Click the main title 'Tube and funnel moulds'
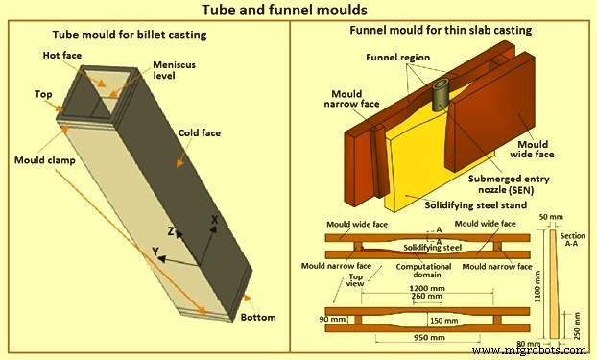[298, 12]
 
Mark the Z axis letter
[169, 231]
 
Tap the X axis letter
[214, 219]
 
